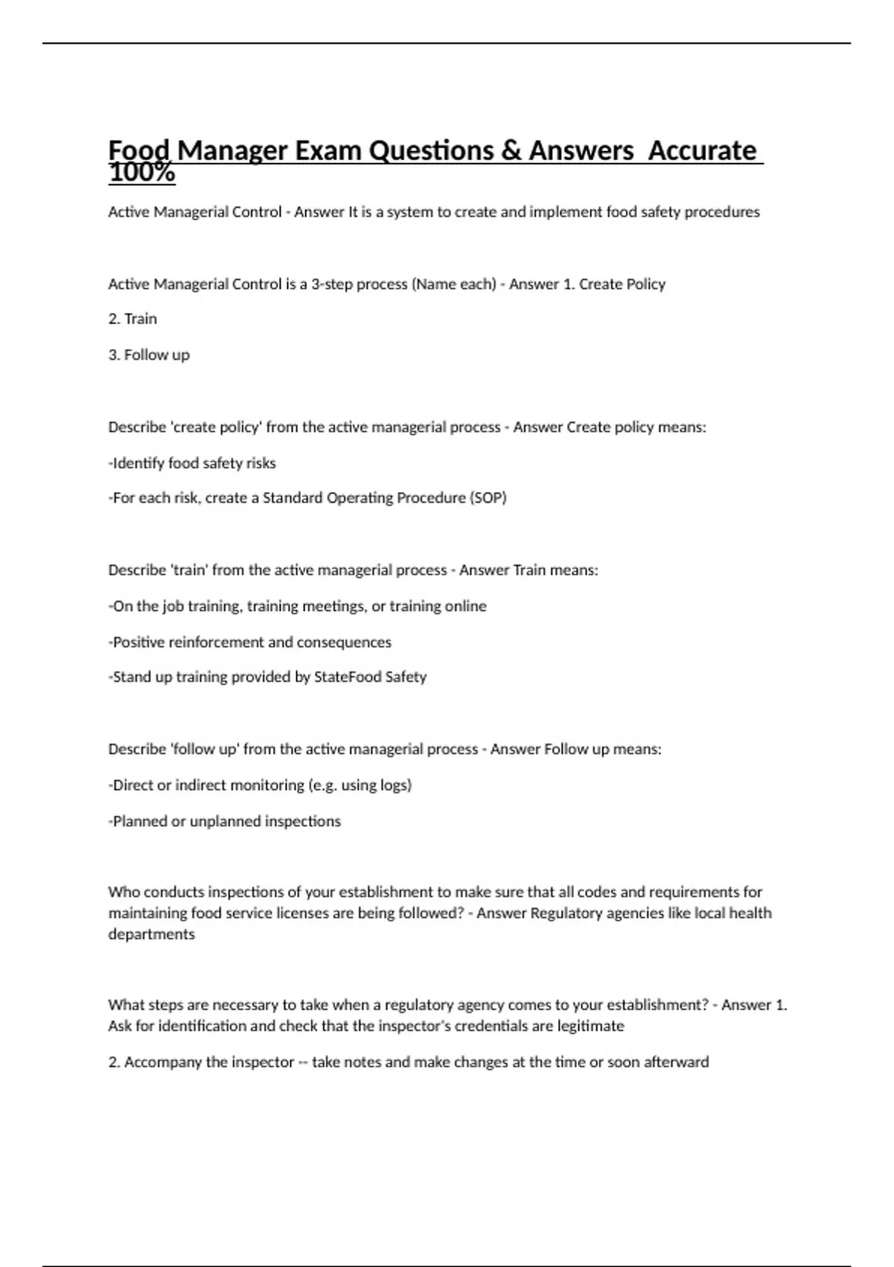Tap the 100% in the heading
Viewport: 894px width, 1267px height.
point(142,173)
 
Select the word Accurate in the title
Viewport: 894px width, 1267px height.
point(703,151)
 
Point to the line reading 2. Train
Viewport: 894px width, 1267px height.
point(133,319)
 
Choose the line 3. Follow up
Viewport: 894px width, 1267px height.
point(149,355)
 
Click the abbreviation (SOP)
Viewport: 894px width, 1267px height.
point(488,498)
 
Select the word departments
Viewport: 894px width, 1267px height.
point(151,934)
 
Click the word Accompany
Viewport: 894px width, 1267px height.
point(162,1062)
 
